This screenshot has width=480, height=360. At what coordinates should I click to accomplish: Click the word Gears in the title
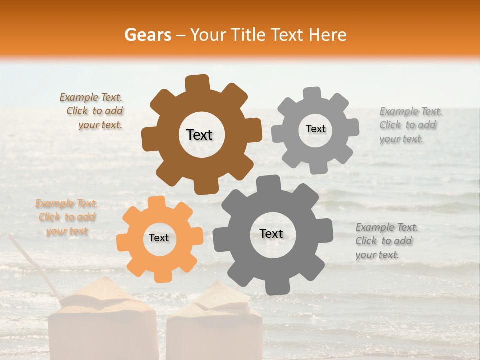147,35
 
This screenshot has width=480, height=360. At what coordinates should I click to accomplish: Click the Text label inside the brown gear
199,135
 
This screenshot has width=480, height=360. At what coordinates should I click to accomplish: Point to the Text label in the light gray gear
315,129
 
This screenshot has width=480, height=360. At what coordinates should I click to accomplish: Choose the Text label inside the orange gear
159,238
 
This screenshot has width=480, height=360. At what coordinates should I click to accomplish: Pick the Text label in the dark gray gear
271,234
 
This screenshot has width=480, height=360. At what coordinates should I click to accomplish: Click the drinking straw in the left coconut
35,270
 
